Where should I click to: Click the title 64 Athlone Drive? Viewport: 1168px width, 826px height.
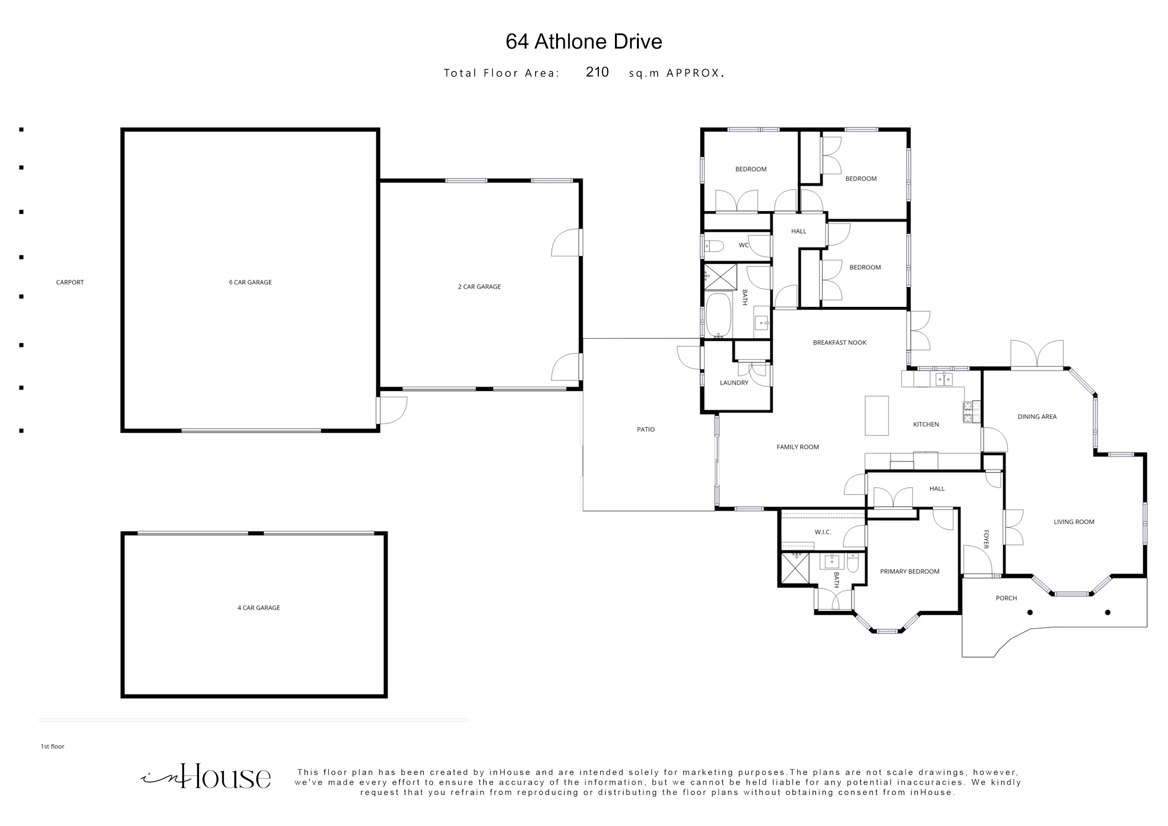(584, 42)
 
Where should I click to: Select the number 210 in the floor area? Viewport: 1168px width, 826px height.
(597, 72)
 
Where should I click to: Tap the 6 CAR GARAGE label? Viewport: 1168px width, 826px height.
(250, 282)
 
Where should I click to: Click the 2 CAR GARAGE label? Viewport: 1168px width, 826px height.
(479, 287)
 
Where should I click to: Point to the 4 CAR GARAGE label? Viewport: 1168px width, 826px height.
(258, 607)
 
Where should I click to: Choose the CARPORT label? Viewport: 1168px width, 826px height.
(70, 282)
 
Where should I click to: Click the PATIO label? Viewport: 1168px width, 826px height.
(646, 429)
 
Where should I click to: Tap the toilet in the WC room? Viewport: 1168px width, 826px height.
(714, 246)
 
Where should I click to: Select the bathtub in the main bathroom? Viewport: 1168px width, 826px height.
(718, 315)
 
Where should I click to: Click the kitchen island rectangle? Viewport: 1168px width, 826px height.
(876, 416)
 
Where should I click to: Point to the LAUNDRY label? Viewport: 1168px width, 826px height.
(734, 383)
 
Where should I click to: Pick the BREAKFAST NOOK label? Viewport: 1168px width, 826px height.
(839, 342)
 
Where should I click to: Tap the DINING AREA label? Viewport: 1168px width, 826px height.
(1037, 416)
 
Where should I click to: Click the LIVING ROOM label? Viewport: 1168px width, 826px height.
(1074, 522)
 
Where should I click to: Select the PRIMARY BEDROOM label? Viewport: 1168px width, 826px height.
(910, 572)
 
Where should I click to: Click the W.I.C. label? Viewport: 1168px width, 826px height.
(823, 532)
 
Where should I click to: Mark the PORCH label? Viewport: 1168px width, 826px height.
(1006, 598)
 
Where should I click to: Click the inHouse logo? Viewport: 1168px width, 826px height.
(205, 776)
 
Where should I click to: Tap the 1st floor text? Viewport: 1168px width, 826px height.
(53, 746)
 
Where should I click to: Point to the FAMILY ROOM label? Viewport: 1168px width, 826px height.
(798, 447)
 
